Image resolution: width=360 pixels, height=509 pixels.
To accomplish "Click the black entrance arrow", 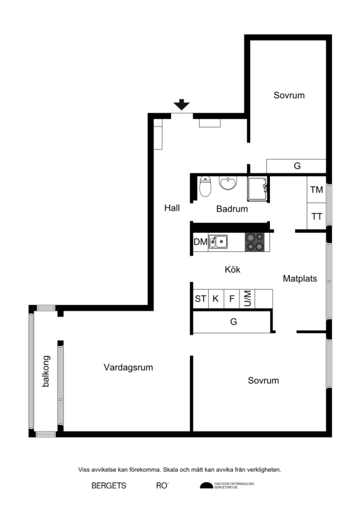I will pos(181,104).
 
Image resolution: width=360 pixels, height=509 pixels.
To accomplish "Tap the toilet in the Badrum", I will pos(205,186).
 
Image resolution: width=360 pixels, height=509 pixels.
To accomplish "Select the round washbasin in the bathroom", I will pos(228,183).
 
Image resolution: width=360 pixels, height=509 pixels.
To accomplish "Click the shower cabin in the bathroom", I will pos(258,188).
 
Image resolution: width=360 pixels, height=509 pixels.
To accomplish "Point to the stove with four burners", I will pos(256,242).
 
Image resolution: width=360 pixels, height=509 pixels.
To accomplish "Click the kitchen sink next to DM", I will pos(218,242).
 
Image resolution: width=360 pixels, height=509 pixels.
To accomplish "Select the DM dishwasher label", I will pos(200,242).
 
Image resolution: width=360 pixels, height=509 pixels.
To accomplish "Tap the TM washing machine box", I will pos(316,189).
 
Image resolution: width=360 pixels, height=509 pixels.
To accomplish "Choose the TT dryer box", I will pos(316,216).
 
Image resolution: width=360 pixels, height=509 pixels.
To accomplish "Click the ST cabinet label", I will pos(200,299).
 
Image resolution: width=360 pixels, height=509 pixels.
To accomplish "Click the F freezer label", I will pos(232,299).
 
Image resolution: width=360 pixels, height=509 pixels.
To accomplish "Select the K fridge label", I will pos(216,299).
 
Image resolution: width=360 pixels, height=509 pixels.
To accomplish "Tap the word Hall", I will pos(172,208).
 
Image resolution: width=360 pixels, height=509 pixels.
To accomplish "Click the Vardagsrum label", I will pos(128,368).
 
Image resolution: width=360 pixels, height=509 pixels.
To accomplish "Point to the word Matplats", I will pos(300,278).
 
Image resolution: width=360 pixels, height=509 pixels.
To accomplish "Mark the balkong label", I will pos(46,371).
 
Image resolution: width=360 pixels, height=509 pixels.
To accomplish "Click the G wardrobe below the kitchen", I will pos(233,322).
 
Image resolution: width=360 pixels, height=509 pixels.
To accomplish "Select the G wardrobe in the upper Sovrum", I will pos(297,166).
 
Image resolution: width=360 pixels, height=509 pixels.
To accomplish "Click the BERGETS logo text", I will pos(108,486).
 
